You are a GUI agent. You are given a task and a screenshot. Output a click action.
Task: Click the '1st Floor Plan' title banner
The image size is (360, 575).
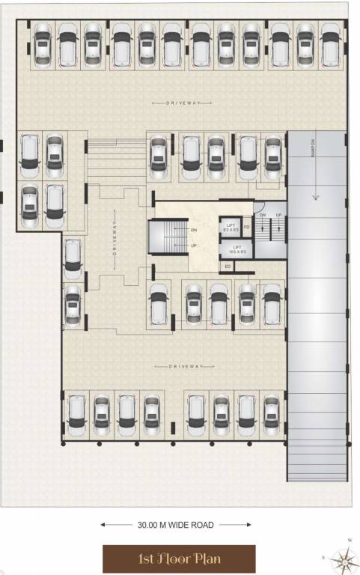(x=179, y=559)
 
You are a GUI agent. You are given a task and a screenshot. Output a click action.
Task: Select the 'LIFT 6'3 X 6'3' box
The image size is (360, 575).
(x=231, y=227)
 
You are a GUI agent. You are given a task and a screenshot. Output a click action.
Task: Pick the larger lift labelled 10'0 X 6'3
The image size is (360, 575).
(x=238, y=249)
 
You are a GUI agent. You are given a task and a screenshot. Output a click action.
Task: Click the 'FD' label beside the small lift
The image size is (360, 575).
(x=246, y=227)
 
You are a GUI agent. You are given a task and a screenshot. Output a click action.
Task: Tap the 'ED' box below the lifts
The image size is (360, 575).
(x=227, y=266)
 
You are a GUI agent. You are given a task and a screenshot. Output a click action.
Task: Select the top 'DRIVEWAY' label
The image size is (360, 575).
(x=179, y=103)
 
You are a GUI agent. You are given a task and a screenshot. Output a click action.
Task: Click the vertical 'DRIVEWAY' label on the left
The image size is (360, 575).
(x=115, y=239)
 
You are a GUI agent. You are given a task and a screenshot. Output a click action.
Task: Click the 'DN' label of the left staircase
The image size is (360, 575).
(x=194, y=231)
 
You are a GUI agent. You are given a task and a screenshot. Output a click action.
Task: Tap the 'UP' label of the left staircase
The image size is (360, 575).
(x=194, y=245)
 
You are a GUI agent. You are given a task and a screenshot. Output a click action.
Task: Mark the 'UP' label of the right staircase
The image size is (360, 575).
(x=279, y=215)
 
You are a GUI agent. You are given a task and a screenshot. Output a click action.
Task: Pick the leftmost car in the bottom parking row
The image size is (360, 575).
(x=75, y=416)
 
